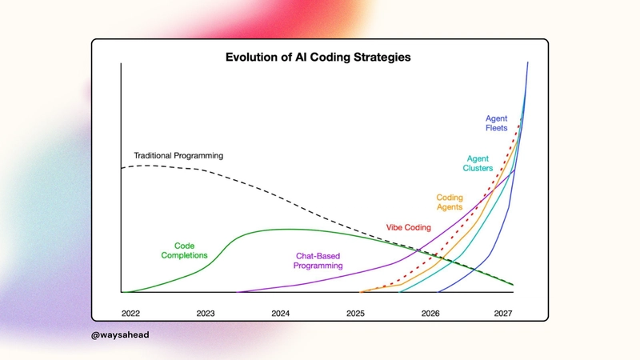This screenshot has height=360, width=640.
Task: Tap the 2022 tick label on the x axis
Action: [x=130, y=312]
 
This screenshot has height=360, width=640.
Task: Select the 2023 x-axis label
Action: [x=206, y=312]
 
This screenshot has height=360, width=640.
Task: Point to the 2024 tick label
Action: [x=281, y=312]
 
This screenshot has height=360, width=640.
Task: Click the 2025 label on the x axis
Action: [x=356, y=312]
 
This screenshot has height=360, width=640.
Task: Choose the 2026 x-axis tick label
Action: [x=430, y=312]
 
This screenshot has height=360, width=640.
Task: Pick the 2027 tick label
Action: [x=505, y=312]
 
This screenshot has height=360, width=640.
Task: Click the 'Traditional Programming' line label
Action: [x=178, y=154]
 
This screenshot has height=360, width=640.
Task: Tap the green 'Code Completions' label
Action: [x=185, y=250]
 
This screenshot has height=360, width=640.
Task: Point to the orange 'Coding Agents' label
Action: [x=450, y=202]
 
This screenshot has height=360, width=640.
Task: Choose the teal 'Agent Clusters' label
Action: [x=478, y=162]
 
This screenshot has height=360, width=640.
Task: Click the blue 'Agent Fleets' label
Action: [x=496, y=124]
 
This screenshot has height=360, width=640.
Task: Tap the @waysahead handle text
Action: [x=121, y=335]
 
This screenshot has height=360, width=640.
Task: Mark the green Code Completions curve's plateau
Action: [x=288, y=230]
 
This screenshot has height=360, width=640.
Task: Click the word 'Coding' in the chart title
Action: [x=346, y=58]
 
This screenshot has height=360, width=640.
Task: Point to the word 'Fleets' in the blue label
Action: [x=496, y=130]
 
